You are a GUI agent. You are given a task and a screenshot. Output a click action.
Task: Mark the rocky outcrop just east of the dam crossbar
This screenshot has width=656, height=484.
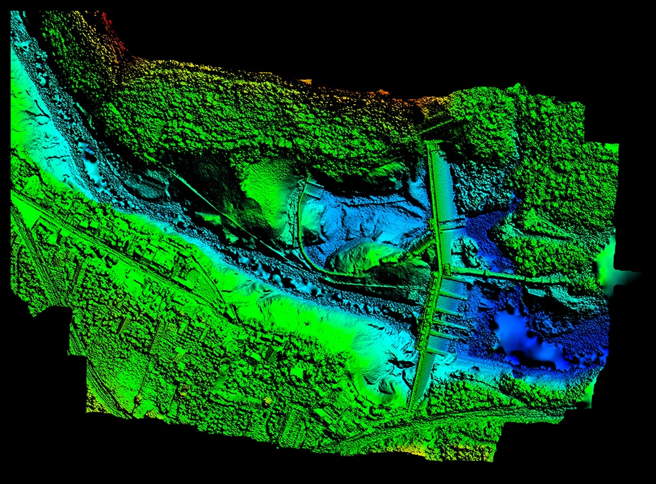click(470, 246)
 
